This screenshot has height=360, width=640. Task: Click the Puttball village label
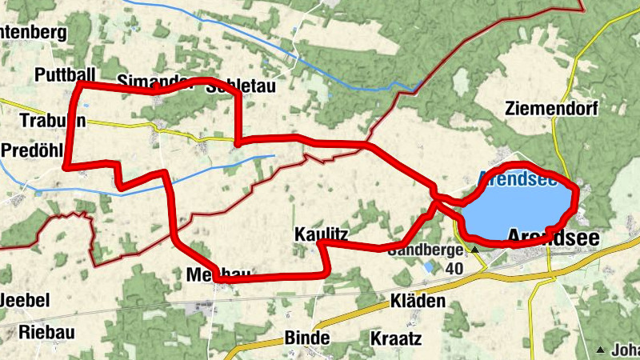[61, 75]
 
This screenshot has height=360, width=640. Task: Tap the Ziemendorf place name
[552, 108]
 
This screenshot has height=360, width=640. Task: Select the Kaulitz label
[320, 234]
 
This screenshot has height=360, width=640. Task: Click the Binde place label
[306, 338]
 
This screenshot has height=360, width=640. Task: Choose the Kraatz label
[396, 338]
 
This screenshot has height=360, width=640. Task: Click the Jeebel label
[25, 301]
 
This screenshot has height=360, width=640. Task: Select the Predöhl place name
[31, 150]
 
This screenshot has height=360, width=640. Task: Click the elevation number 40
[456, 268]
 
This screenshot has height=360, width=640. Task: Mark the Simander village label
[144, 81]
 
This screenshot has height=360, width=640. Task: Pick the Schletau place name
[240, 86]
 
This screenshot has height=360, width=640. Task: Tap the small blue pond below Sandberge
[430, 266]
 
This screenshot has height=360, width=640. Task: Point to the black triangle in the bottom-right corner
[600, 350]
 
